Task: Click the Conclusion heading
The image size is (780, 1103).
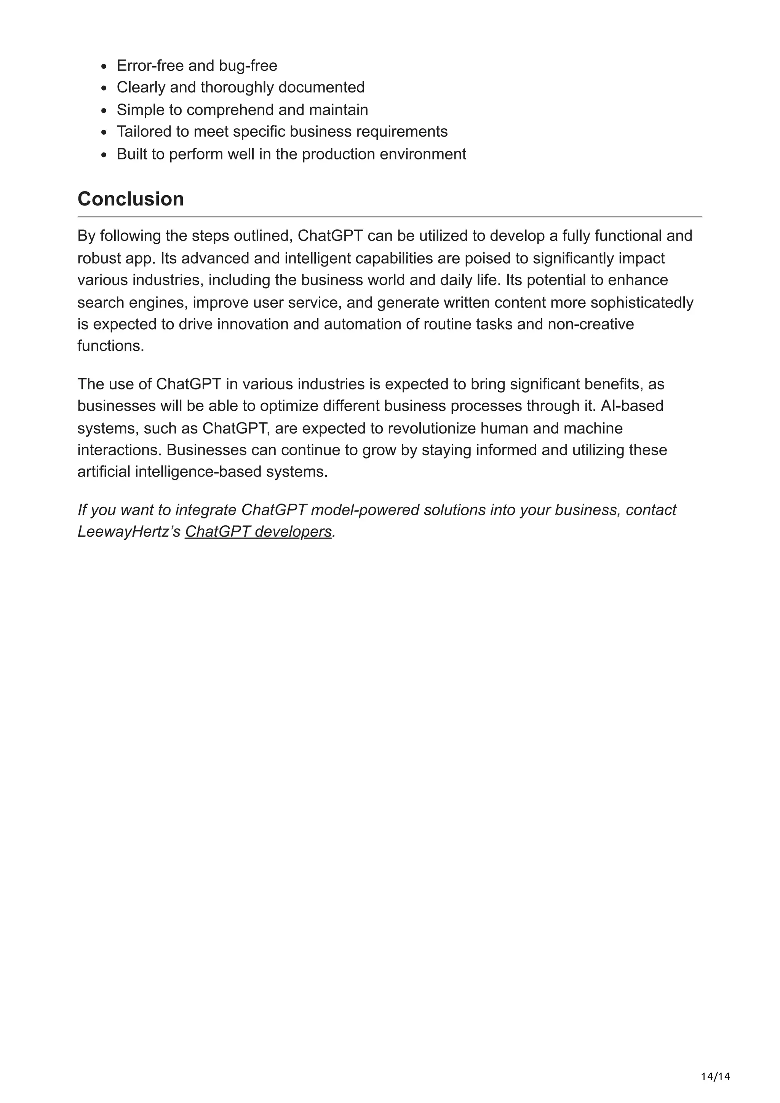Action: pyautogui.click(x=130, y=199)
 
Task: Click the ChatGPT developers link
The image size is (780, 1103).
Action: pyautogui.click(x=258, y=531)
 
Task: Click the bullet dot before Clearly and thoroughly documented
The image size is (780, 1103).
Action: pyautogui.click(x=104, y=88)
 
